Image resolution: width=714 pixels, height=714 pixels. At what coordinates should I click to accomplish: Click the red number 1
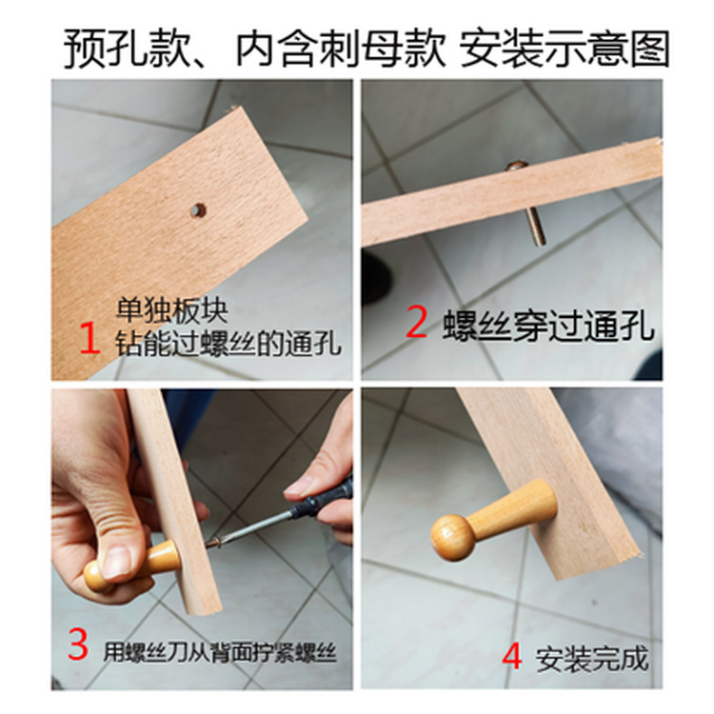89,338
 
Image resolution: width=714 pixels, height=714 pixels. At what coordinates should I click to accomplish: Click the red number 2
416,323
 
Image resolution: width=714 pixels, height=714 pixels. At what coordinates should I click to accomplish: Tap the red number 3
79,645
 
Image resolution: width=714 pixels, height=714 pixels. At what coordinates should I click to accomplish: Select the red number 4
511,657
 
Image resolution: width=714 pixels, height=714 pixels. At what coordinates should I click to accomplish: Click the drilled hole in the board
198,209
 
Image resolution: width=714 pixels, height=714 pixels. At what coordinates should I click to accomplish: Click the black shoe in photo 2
375,276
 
